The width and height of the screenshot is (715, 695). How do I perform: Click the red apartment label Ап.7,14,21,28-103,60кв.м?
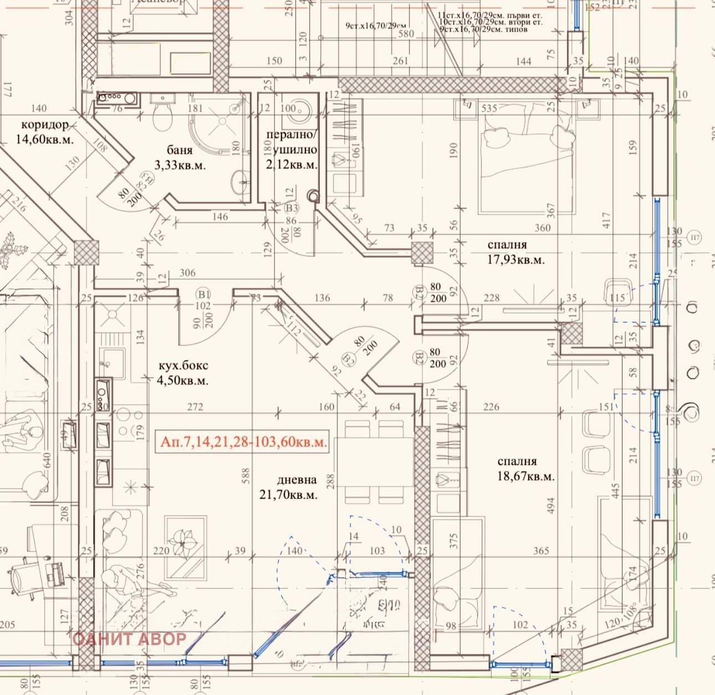coord(243,442)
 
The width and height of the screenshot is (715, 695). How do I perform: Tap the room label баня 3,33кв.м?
coord(180,158)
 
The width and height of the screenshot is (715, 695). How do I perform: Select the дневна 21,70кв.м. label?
coord(289,488)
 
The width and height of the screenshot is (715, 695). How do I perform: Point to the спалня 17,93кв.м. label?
coord(515,252)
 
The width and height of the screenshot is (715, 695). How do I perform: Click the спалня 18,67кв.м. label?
coord(525,469)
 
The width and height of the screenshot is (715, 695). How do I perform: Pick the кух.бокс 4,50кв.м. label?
coord(183,373)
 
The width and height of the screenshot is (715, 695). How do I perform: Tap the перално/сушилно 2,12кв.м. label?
coord(292,150)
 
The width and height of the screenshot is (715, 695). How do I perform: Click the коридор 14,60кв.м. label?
coord(44,132)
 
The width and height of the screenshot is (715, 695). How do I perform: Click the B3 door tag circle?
coord(292,208)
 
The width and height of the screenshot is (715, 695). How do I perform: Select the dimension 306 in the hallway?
coord(188,273)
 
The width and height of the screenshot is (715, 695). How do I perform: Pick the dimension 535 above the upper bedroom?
coord(489,108)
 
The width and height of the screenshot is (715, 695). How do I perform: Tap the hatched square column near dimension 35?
coord(422,252)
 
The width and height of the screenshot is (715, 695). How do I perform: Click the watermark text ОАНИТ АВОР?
coord(129,639)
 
